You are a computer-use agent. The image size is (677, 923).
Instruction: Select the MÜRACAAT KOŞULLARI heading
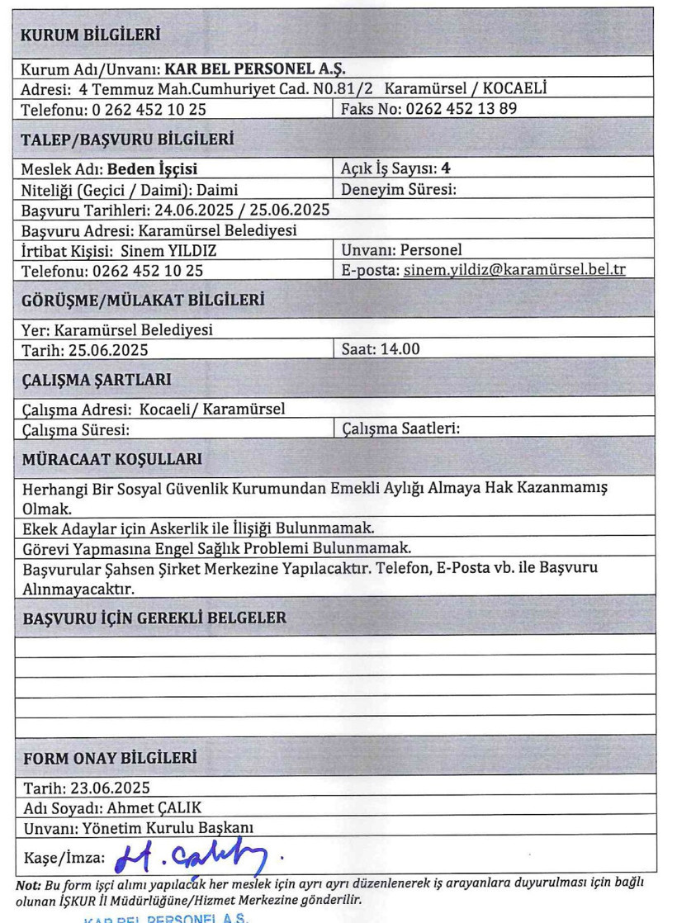(x=111, y=458)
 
